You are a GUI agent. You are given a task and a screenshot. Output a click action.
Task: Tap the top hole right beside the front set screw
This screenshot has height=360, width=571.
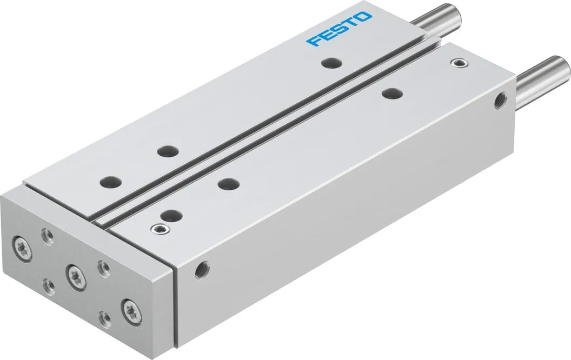click(170, 215)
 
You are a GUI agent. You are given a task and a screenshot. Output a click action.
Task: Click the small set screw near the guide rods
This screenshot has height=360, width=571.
click(460, 64)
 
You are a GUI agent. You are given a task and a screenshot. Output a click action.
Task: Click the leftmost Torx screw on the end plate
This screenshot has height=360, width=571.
click(21, 243)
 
